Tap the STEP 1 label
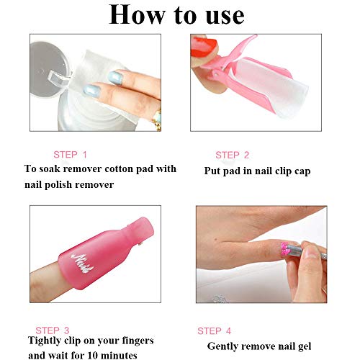click(x=71, y=154)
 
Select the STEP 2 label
click(x=233, y=155)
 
